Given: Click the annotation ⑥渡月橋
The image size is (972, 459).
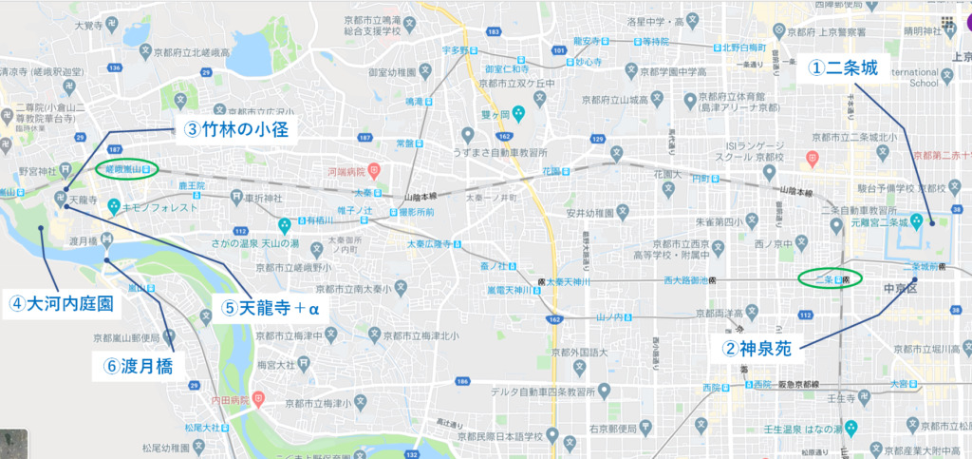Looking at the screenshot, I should tap(139, 364).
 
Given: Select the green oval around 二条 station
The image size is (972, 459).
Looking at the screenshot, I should tap(830, 278).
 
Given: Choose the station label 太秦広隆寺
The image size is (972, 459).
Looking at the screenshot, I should tap(433, 244).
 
